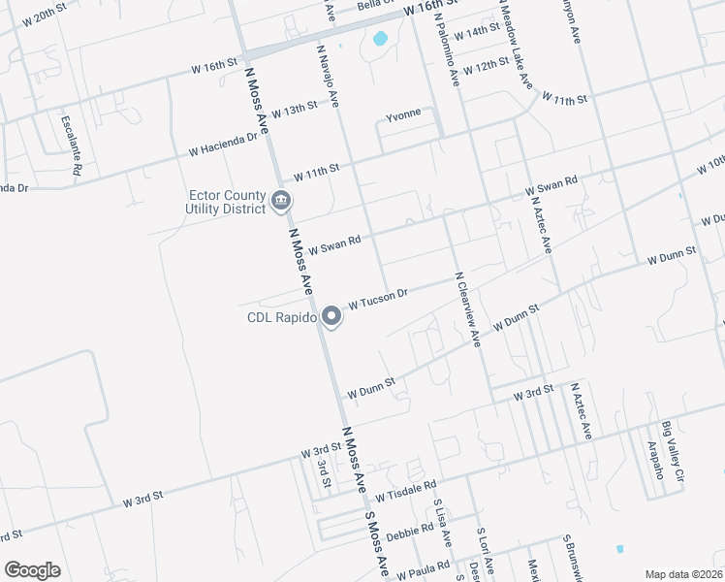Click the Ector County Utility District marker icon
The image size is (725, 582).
281,202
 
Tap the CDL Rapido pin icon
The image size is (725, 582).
331,317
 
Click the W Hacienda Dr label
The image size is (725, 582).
224,143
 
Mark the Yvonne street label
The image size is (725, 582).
403,113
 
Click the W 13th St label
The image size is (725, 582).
295,109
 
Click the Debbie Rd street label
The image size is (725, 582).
410,533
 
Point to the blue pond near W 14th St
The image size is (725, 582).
380,40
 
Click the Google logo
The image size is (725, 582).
32,569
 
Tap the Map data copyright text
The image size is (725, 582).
683,573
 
